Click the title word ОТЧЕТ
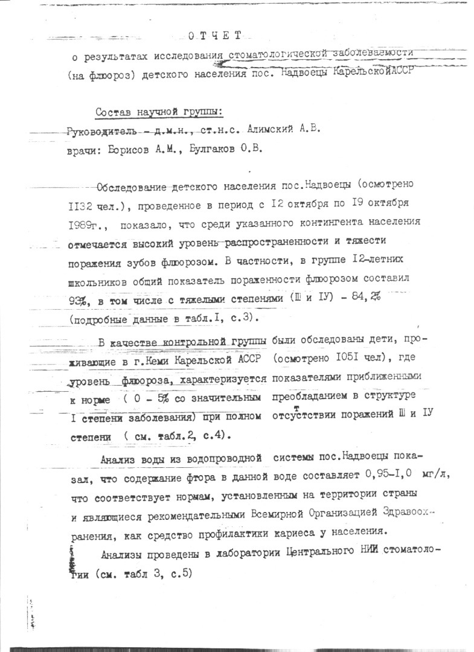point(214,36)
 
